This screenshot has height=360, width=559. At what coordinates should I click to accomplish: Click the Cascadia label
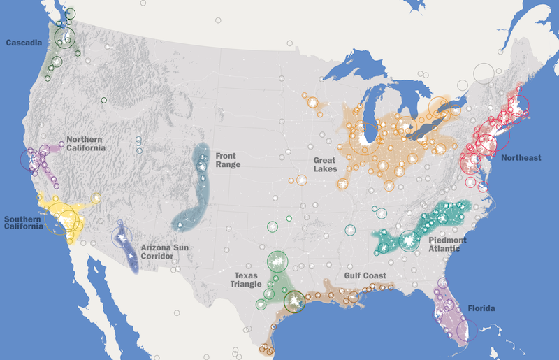click(23, 43)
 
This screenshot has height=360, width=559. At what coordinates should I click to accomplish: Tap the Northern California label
click(86, 143)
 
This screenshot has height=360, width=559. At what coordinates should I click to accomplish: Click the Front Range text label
click(228, 160)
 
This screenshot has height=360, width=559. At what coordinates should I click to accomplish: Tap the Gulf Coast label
click(365, 275)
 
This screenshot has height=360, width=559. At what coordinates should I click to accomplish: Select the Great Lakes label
click(325, 164)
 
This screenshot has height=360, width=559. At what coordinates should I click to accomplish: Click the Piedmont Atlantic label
click(447, 244)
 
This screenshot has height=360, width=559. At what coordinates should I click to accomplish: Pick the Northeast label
click(521, 158)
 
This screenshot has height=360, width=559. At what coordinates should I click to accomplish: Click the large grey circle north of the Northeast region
click(484, 73)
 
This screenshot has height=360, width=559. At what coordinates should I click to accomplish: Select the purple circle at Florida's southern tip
click(467, 330)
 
